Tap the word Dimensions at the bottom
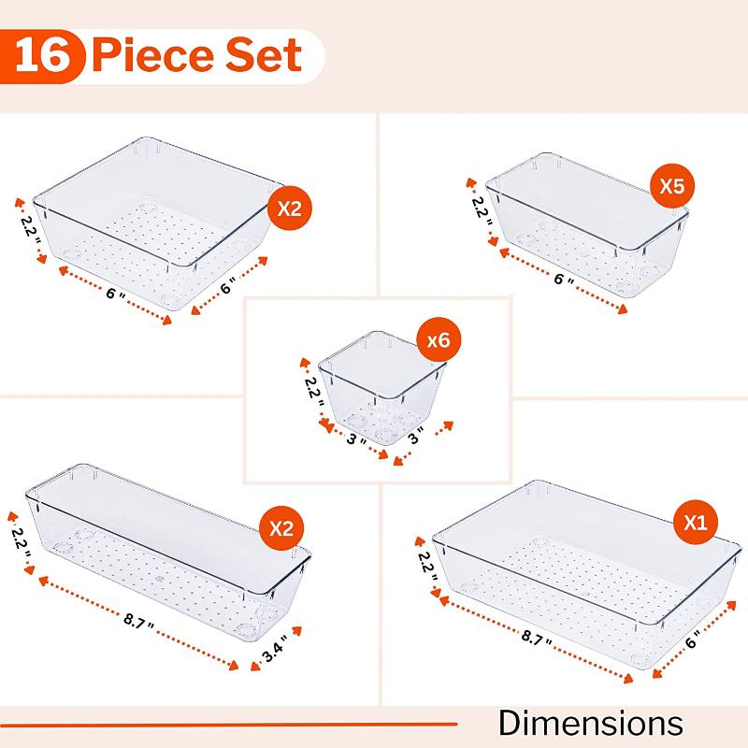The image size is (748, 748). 589,723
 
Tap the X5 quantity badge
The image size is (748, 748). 672,186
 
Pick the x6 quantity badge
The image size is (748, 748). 437,342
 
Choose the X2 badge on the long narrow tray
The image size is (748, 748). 281,528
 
